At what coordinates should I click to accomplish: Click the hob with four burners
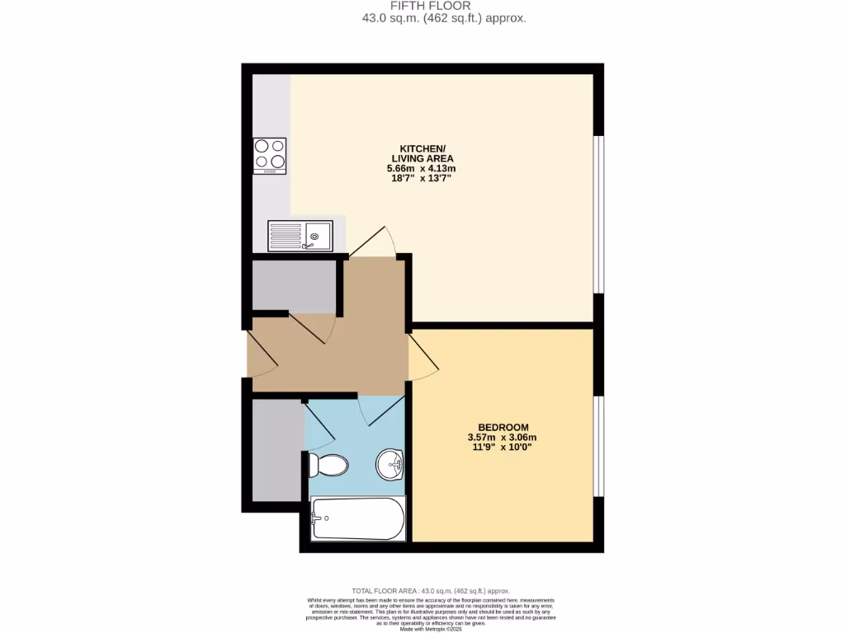point(270,156)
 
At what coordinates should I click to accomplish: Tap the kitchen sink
point(300,236)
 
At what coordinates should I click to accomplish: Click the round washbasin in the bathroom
point(389,464)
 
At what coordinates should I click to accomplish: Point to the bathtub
point(358,518)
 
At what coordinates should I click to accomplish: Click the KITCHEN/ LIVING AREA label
point(422,153)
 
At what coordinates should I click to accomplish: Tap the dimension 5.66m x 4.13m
point(422,168)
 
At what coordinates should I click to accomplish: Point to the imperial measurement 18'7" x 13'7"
point(422,178)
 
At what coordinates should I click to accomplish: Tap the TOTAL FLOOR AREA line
point(431,591)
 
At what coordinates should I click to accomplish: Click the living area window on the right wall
point(599,213)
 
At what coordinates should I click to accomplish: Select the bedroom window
point(599,445)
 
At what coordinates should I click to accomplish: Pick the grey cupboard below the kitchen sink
point(292,286)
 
